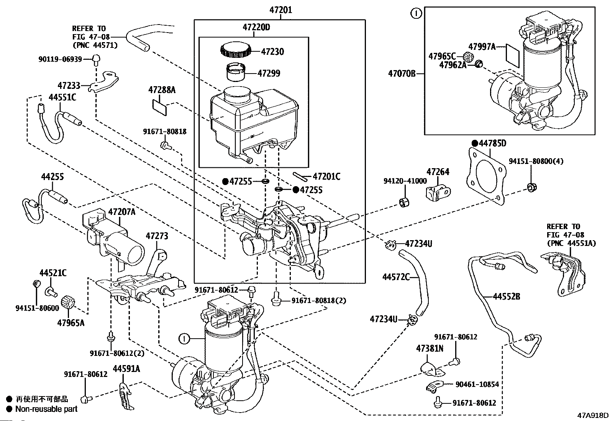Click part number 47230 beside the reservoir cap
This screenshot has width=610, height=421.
tap(272, 51)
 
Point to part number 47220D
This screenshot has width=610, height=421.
tap(256, 27)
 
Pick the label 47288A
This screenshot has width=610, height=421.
tap(162, 90)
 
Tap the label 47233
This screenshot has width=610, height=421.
tap(69, 85)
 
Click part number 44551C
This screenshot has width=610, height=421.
tap(62, 97)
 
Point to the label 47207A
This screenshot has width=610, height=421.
tap(121, 211)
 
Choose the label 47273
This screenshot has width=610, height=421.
tap(156, 236)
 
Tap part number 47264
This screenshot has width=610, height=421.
tap(438, 172)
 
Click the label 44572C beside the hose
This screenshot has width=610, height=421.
tap(396, 277)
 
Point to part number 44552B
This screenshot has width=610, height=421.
tap(506, 296)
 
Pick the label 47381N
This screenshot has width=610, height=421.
tap(430, 348)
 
